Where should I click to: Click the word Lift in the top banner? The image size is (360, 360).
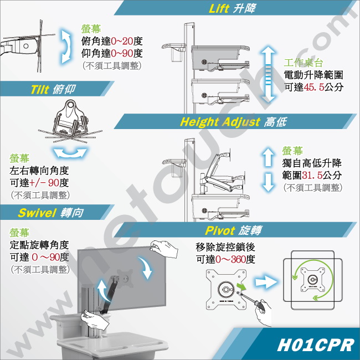[x=219, y=8]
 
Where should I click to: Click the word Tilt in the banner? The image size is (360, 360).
[x=40, y=90]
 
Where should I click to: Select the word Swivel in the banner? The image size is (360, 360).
[x=37, y=213]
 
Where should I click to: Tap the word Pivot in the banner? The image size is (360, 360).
[x=220, y=230]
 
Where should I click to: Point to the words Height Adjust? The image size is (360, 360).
[x=220, y=122]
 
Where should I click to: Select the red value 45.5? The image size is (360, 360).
[x=314, y=87]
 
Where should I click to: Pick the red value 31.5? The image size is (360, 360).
[x=312, y=176]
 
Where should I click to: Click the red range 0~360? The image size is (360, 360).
[x=230, y=259]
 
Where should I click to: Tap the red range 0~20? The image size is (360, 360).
[x=122, y=42]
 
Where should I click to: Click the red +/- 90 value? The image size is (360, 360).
[x=44, y=183]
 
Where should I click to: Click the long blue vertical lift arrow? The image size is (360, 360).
[x=268, y=74]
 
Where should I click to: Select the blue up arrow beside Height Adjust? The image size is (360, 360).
[x=268, y=157]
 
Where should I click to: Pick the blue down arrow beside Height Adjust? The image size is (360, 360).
[x=268, y=182]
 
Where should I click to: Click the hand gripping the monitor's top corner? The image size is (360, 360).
[x=164, y=249]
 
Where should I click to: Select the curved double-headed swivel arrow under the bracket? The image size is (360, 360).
[x=70, y=153]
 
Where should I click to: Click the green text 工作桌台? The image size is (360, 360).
[x=304, y=63]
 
